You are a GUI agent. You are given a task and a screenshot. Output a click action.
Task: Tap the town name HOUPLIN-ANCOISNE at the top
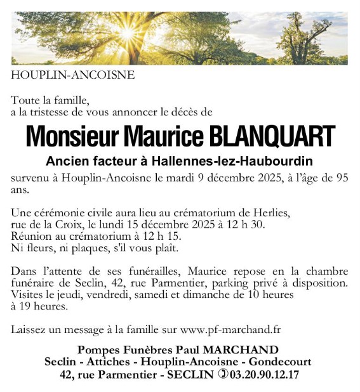pos(72,75)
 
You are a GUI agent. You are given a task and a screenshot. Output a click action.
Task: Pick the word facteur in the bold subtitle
pos(104,161)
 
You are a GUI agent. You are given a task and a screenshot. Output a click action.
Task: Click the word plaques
pos(87,247)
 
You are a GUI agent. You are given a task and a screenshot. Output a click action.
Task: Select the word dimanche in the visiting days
pos(209,294)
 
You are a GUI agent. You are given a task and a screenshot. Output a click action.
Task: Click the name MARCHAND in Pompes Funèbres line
pos(243,350)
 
